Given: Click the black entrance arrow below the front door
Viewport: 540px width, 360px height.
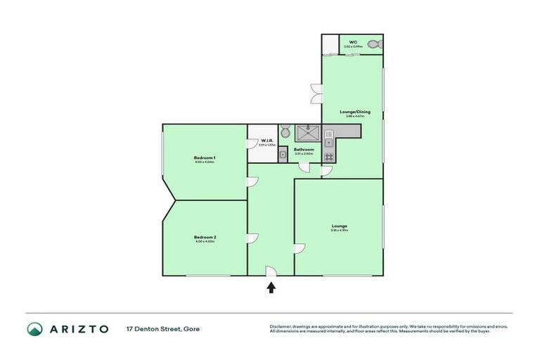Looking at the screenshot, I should point(271,286).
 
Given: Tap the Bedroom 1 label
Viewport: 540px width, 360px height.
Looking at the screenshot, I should point(205,159).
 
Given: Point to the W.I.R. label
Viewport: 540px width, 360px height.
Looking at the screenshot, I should point(266,141).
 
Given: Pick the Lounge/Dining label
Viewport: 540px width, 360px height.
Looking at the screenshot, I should point(354,112).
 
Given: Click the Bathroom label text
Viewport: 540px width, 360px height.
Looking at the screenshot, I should point(304,150).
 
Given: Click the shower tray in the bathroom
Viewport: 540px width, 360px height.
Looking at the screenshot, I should point(307,133).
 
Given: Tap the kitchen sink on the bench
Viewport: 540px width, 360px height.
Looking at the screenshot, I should point(328,144).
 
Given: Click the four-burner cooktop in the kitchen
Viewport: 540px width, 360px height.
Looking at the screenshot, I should point(328,157).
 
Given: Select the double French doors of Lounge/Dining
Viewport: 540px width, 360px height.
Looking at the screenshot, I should point(316,93).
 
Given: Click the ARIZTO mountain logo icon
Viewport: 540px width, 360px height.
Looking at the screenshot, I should point(35,328).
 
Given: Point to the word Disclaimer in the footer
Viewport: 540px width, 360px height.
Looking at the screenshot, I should point(281,327).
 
